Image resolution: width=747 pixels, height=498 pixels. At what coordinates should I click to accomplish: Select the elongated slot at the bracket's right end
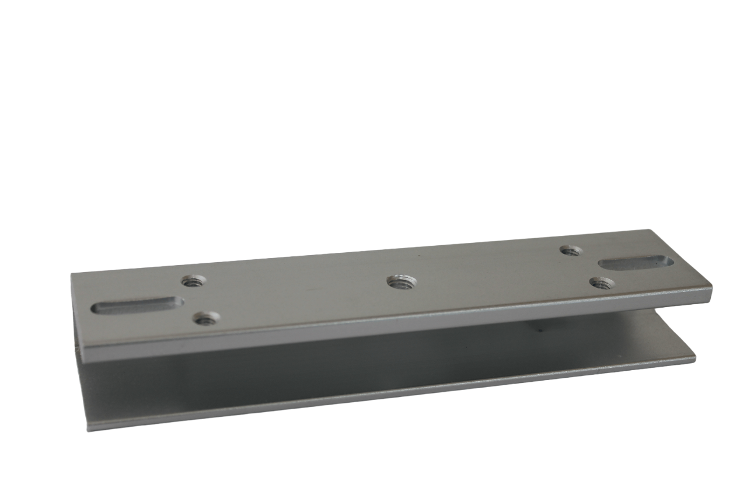[636, 262]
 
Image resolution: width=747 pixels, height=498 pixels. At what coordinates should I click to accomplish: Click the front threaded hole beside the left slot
[206, 318]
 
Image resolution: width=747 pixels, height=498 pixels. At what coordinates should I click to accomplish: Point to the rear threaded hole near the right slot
[570, 250]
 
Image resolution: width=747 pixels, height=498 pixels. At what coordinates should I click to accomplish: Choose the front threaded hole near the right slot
[601, 284]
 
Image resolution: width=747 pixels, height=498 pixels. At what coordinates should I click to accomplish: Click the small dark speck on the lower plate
[539, 330]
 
